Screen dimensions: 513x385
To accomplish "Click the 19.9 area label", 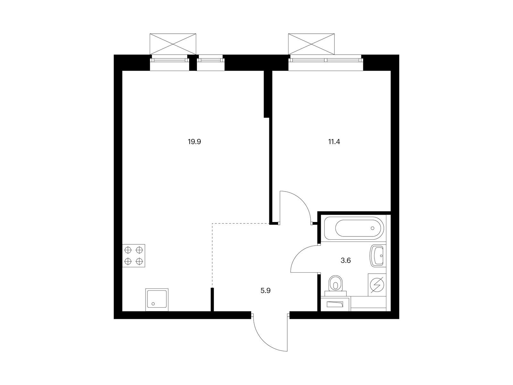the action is [x=194, y=142].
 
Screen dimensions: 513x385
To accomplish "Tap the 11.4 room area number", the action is [x=334, y=142].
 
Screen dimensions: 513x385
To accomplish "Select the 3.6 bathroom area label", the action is [x=346, y=261].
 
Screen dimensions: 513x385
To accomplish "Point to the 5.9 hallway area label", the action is [x=265, y=291].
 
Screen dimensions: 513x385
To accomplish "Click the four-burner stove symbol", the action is [x=134, y=255].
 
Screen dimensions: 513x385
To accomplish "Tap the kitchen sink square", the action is [x=157, y=300].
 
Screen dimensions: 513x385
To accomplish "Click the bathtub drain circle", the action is [x=373, y=228].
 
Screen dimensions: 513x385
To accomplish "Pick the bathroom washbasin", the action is [x=377, y=255].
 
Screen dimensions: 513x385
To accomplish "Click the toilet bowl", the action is [x=336, y=284].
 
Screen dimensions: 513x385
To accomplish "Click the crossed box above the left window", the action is [x=173, y=44].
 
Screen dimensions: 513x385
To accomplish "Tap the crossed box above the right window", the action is [x=311, y=44].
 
